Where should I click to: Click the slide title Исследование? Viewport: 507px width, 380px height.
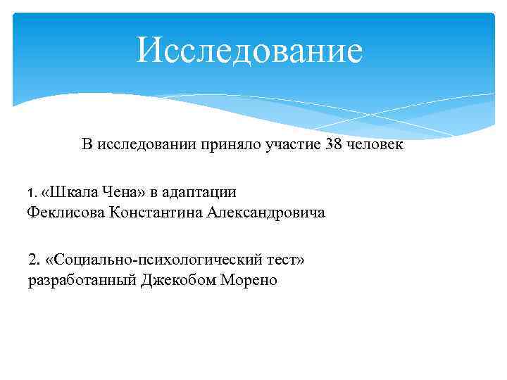coord(249,51)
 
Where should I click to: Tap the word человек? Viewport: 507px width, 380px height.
coord(376,146)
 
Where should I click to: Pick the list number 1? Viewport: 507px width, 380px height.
coord(30,192)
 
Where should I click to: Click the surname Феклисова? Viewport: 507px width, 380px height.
coord(65,213)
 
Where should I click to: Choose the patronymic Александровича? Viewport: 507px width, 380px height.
coord(266,213)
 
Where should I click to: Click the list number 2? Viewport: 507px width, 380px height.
coord(33,259)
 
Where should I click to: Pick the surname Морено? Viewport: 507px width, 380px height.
coord(249,281)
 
